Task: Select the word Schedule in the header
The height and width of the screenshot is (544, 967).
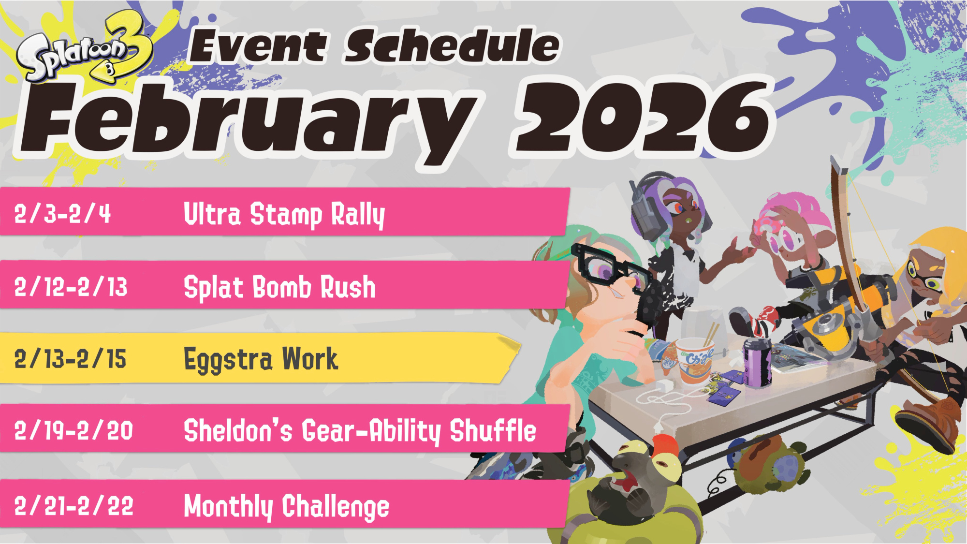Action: [452, 46]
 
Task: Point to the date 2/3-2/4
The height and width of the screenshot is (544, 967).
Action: [62, 213]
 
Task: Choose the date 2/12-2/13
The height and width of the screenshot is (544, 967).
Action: [71, 286]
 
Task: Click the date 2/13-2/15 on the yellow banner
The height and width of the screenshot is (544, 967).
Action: [70, 359]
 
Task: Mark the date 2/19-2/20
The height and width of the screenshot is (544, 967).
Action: [73, 430]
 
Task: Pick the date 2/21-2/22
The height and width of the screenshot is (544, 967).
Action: [73, 506]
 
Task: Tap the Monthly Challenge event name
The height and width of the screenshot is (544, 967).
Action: [287, 507]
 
